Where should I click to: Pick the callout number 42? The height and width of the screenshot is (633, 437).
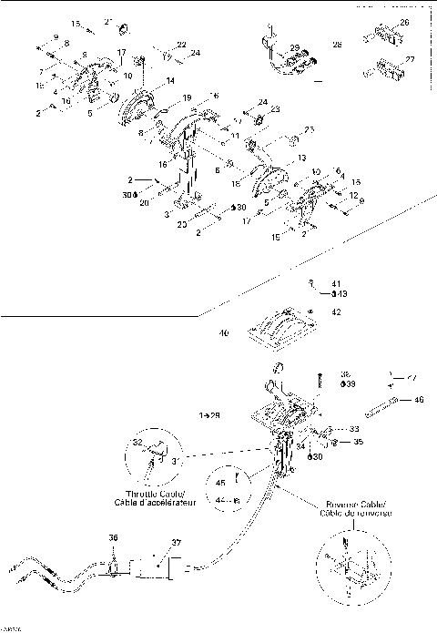(335, 311)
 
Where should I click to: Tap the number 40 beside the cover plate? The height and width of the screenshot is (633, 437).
(224, 333)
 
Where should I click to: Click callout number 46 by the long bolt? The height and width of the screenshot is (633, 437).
(418, 399)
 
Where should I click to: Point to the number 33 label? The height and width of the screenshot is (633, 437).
(353, 427)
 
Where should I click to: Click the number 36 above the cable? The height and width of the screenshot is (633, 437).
(114, 538)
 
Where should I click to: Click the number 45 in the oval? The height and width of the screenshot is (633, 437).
(220, 484)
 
